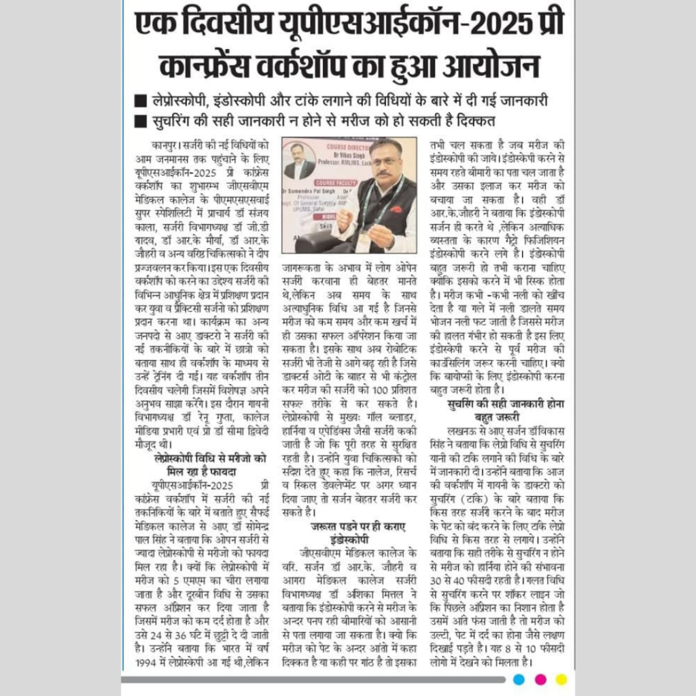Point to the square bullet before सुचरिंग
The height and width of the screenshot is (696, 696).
[141, 122]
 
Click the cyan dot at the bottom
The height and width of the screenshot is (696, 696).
[519, 678]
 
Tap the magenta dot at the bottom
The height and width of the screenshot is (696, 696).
[540, 678]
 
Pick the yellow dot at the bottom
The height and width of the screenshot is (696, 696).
[561, 678]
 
